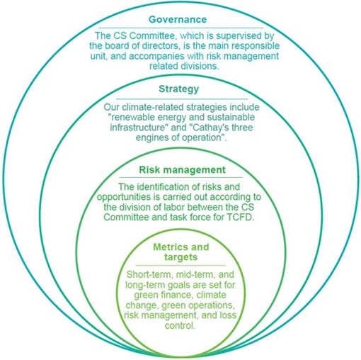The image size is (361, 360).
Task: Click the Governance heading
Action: [178, 19]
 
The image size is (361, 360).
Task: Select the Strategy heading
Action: [179, 89]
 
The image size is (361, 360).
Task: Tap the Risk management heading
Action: [182, 170]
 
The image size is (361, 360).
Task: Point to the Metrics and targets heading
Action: [181, 252]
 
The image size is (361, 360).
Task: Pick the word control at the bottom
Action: [180, 326]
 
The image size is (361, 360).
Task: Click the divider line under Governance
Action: [180, 28]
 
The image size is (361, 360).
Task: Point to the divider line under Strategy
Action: [182, 99]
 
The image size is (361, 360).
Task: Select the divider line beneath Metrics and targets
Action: [180, 266]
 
